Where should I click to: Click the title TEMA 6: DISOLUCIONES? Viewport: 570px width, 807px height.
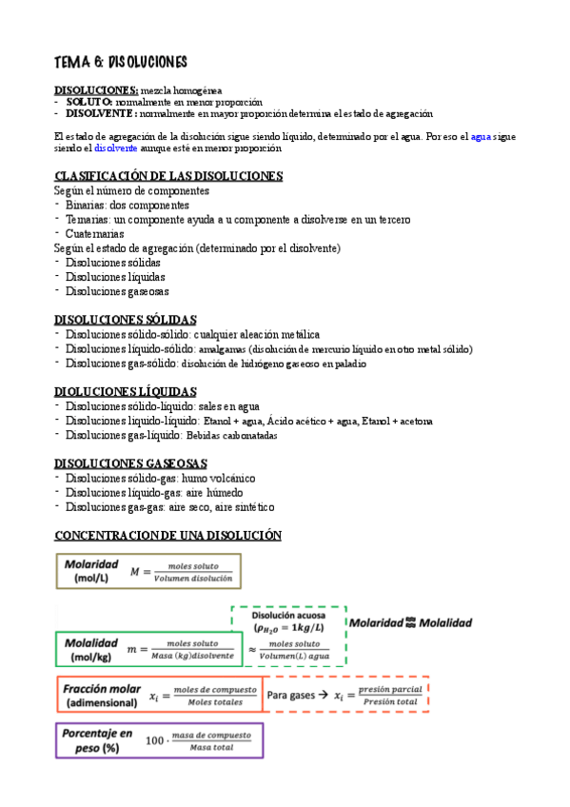(x=120, y=62)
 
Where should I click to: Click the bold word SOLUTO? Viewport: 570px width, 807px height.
(x=89, y=101)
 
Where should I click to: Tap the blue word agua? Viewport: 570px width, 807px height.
(x=481, y=137)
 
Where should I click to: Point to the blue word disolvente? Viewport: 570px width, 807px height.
(x=116, y=148)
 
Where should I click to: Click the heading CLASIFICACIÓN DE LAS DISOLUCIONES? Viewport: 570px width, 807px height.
(x=168, y=176)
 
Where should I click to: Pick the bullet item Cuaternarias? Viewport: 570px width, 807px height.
(x=95, y=233)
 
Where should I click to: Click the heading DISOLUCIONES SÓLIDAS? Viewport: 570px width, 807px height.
(x=126, y=320)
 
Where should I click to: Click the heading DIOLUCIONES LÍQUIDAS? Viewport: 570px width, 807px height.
(x=126, y=391)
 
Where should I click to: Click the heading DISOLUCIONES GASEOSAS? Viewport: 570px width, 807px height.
(x=130, y=463)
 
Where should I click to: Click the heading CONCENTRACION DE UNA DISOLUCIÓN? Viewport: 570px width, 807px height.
(x=168, y=535)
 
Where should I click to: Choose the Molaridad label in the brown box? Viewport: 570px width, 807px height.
(x=92, y=563)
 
